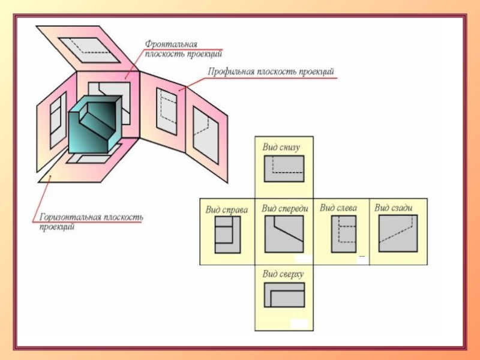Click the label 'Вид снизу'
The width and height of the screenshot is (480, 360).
(x=281, y=146)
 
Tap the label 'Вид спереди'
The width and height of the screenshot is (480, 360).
(x=285, y=209)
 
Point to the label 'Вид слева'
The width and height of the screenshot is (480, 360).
(x=338, y=208)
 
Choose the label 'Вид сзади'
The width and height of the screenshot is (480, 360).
(x=394, y=208)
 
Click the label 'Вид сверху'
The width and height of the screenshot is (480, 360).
(x=283, y=274)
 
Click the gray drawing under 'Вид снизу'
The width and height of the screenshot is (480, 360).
(x=284, y=169)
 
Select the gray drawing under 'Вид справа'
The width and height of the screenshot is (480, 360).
(x=228, y=236)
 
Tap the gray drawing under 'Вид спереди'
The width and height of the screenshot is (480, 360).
(x=284, y=235)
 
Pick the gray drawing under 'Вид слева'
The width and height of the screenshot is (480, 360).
(x=344, y=235)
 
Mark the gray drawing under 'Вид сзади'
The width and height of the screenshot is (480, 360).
(x=398, y=235)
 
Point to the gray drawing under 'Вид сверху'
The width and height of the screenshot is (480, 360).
(x=284, y=295)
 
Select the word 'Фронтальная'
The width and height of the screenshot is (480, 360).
(x=171, y=44)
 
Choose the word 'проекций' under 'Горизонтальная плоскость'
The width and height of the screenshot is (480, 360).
(x=57, y=227)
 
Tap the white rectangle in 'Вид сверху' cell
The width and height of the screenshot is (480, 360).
(x=299, y=324)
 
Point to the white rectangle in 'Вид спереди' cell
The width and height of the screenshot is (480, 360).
(x=304, y=259)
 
